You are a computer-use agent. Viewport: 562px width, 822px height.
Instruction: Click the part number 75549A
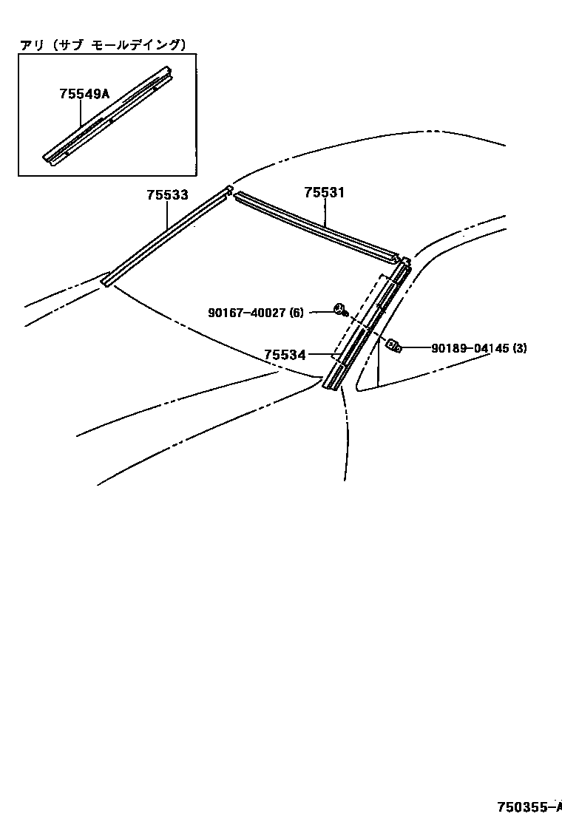(84, 94)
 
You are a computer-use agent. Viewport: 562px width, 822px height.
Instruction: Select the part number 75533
(167, 195)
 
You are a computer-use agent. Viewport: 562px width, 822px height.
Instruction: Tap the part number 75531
(325, 193)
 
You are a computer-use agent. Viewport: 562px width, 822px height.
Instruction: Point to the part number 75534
(285, 356)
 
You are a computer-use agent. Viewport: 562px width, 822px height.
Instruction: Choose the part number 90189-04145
(470, 347)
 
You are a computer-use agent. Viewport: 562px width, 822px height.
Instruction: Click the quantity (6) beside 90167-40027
(297, 313)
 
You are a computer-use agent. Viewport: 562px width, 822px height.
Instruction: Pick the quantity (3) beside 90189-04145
(520, 347)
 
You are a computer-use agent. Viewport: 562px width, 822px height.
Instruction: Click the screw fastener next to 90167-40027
(341, 310)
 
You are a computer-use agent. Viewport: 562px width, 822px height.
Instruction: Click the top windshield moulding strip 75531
(318, 227)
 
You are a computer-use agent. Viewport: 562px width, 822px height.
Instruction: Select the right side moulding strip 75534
(366, 329)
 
